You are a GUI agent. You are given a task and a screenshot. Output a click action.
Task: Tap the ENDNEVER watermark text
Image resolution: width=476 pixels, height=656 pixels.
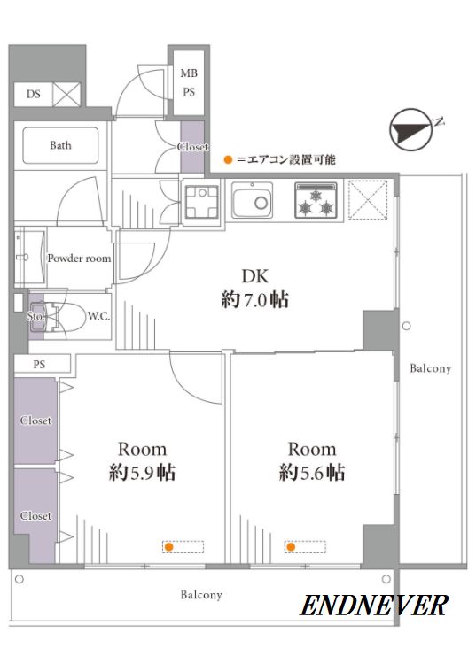pos(373,606)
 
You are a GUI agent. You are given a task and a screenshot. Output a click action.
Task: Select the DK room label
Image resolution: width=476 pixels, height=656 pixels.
pos(254,276)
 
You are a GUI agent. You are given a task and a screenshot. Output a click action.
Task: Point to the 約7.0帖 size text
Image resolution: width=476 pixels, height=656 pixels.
pos(254,300)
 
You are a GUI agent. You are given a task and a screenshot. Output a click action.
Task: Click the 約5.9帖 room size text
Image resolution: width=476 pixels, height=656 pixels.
pos(142,473)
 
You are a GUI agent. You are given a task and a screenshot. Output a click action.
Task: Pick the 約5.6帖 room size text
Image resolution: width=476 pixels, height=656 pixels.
pos(312,473)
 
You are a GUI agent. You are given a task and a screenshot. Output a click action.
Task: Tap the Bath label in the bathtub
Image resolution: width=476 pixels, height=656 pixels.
pos(60,145)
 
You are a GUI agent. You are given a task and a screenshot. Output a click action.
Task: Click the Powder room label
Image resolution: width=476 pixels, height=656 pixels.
pos(79,259)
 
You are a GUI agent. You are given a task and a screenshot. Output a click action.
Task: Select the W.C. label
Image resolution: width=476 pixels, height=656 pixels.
pos(98,316)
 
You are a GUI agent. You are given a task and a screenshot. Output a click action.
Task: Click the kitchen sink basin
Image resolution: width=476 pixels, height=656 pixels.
pos(253,200)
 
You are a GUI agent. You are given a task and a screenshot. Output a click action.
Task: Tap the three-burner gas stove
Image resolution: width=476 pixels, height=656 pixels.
pos(316,200)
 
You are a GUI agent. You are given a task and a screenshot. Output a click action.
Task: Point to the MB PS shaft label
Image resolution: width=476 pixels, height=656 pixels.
pos(189,82)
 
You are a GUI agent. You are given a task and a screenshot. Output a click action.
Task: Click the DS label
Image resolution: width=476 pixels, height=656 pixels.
pos(34,94)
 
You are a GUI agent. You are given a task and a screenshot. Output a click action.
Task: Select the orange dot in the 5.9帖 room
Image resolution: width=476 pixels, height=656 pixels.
pos(169,547)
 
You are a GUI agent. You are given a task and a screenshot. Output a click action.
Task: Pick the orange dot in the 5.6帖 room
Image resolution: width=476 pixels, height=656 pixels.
pos(291,547)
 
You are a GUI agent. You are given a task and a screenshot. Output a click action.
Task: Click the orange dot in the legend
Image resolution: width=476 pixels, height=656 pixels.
pos(228,159)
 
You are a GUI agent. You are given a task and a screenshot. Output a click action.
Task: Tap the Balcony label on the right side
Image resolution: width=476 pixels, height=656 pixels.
pos(430,368)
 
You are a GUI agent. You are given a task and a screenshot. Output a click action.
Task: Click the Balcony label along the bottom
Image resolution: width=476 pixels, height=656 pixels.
pos(201,595)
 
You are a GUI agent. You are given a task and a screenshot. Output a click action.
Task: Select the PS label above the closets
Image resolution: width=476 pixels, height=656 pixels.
pos(39,365)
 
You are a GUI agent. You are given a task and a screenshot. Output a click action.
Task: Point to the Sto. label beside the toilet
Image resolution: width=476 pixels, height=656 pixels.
pos(35,317)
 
